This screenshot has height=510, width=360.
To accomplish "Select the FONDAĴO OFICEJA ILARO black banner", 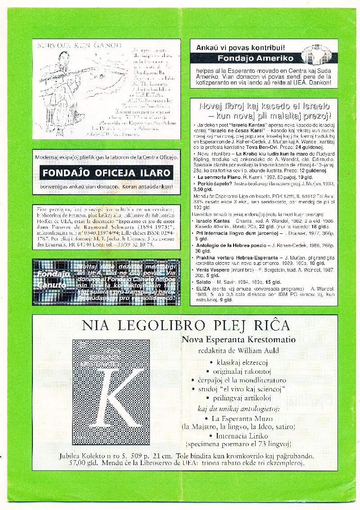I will (x=106, y=173).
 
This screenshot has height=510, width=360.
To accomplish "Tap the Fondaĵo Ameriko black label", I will (x=255, y=58).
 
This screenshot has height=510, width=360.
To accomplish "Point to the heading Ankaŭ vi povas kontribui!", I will (x=240, y=46).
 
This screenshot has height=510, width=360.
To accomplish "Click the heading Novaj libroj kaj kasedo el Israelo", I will (x=264, y=106).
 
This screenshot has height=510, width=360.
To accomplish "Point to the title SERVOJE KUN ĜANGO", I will (x=79, y=45).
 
